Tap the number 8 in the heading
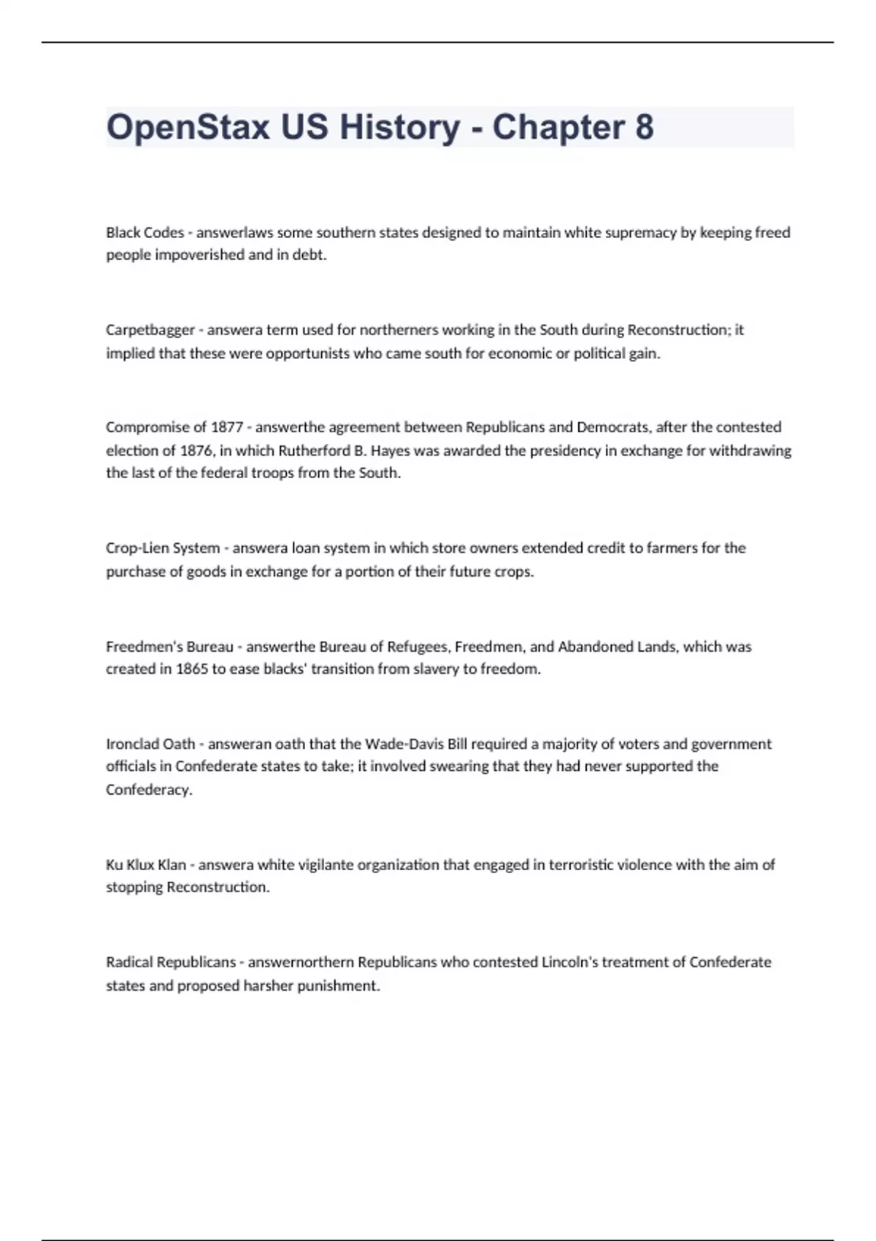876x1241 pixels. click(644, 127)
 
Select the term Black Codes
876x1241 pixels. click(145, 233)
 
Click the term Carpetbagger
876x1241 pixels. click(150, 330)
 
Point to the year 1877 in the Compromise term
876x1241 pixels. click(226, 427)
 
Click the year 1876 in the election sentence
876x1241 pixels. click(196, 450)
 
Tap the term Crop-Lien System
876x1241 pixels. click(162, 548)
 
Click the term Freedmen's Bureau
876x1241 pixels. click(169, 647)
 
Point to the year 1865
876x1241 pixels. click(191, 669)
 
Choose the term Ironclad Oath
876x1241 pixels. click(150, 745)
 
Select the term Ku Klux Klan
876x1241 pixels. click(146, 865)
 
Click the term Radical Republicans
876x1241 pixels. click(171, 962)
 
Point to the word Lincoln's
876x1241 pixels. click(570, 962)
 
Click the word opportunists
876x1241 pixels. click(308, 354)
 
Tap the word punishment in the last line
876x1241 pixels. click(338, 986)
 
